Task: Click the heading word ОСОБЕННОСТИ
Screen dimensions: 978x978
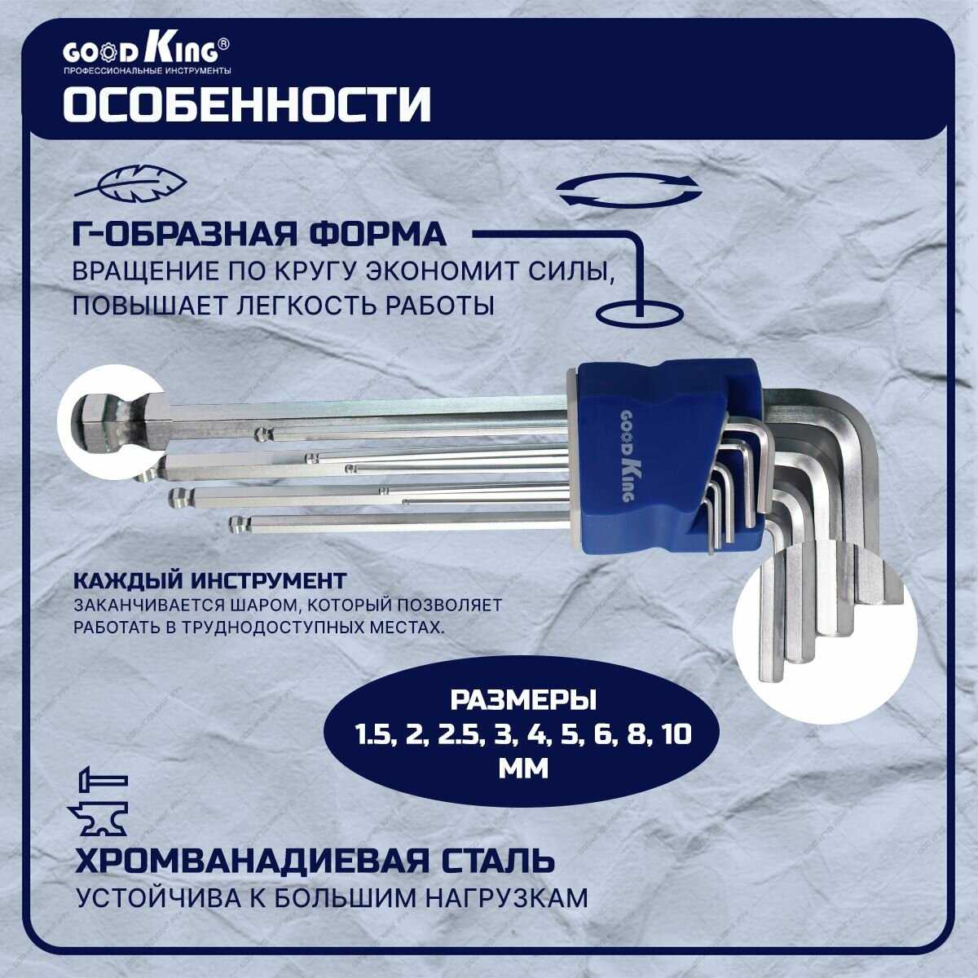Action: [x=247, y=105]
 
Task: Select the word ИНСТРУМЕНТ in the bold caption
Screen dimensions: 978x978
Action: [x=268, y=580]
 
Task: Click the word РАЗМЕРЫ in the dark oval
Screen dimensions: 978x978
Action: [x=523, y=700]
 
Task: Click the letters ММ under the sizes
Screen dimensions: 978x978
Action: [x=523, y=769]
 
